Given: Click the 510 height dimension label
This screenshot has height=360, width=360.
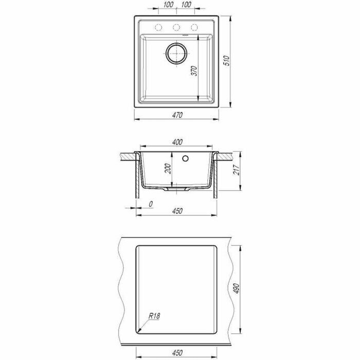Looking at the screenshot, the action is coord(227,60).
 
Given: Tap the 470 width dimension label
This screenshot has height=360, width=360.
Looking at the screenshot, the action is coord(177,115).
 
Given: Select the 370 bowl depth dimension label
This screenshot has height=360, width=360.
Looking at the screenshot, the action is coord(194,71).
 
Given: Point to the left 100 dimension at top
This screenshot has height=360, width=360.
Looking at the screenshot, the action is coord(168,4).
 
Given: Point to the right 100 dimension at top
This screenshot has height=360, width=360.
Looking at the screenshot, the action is coord(186,4).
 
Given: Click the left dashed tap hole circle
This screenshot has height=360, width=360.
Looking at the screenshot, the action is coord(158,27).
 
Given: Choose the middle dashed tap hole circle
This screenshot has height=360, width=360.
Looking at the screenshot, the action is coord(176,27).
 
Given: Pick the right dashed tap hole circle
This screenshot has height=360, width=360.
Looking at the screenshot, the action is coord(194,27).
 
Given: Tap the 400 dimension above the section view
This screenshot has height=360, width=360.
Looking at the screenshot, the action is coord(177,142).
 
